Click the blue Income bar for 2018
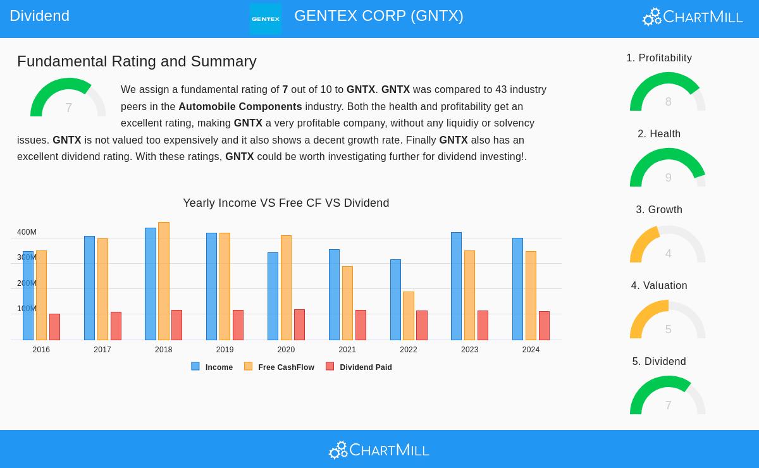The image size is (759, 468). point(151,284)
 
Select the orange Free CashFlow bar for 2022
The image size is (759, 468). point(409,316)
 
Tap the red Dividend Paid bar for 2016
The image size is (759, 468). point(54,327)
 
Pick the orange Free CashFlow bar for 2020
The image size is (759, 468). point(286,288)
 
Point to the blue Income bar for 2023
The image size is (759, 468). point(456,286)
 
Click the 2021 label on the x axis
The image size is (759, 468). point(347,350)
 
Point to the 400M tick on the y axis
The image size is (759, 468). point(27,232)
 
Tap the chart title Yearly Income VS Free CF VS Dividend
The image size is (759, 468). point(286,203)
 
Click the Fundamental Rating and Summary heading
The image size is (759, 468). point(137,61)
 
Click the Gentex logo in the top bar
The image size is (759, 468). point(266,18)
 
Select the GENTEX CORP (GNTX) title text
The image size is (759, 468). point(378,16)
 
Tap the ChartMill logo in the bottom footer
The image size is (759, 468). point(379,450)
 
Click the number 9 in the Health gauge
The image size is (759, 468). point(668,178)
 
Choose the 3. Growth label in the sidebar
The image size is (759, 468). point(659,210)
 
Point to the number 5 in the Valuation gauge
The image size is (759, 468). point(668,329)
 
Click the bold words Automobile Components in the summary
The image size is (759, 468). point(240,107)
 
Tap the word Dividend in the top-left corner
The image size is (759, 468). point(39,16)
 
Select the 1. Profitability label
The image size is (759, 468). point(659,58)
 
